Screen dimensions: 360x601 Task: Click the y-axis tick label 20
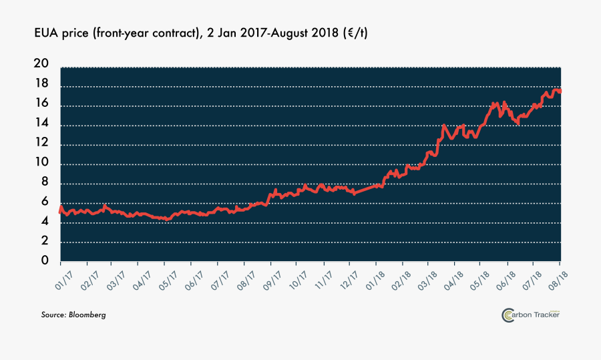[41, 64]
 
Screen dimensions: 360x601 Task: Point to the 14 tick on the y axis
[41, 123]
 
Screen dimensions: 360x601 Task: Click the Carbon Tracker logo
[530, 314]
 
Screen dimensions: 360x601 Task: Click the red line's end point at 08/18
[560, 91]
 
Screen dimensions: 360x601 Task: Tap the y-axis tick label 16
[41, 104]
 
